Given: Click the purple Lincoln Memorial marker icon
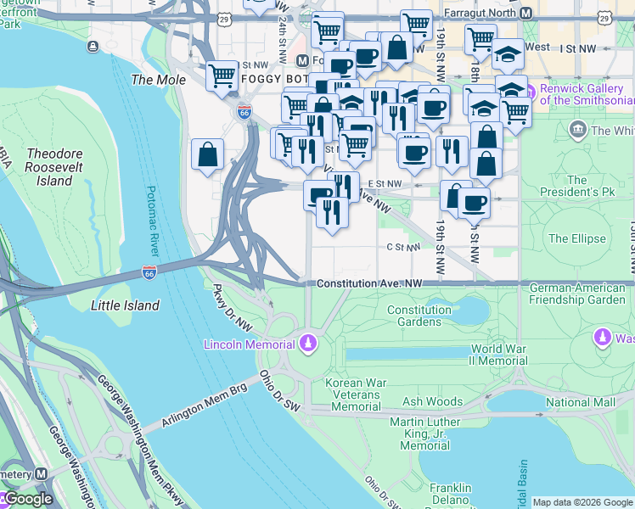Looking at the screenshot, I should click(308, 344).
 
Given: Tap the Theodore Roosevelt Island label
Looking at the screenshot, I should click(54, 167).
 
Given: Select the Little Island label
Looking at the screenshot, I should click(125, 305).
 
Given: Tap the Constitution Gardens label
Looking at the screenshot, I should click(419, 316).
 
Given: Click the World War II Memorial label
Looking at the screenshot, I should click(499, 355).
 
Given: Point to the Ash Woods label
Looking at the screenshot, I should click(433, 401).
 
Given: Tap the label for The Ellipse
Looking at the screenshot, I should click(576, 238).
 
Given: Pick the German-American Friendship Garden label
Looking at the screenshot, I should click(576, 294).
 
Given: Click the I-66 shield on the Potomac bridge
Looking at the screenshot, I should click(149, 272).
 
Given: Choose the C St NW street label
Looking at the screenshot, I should click(403, 248).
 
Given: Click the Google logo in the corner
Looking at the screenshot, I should click(27, 499).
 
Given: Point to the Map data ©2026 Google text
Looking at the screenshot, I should click(582, 502).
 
